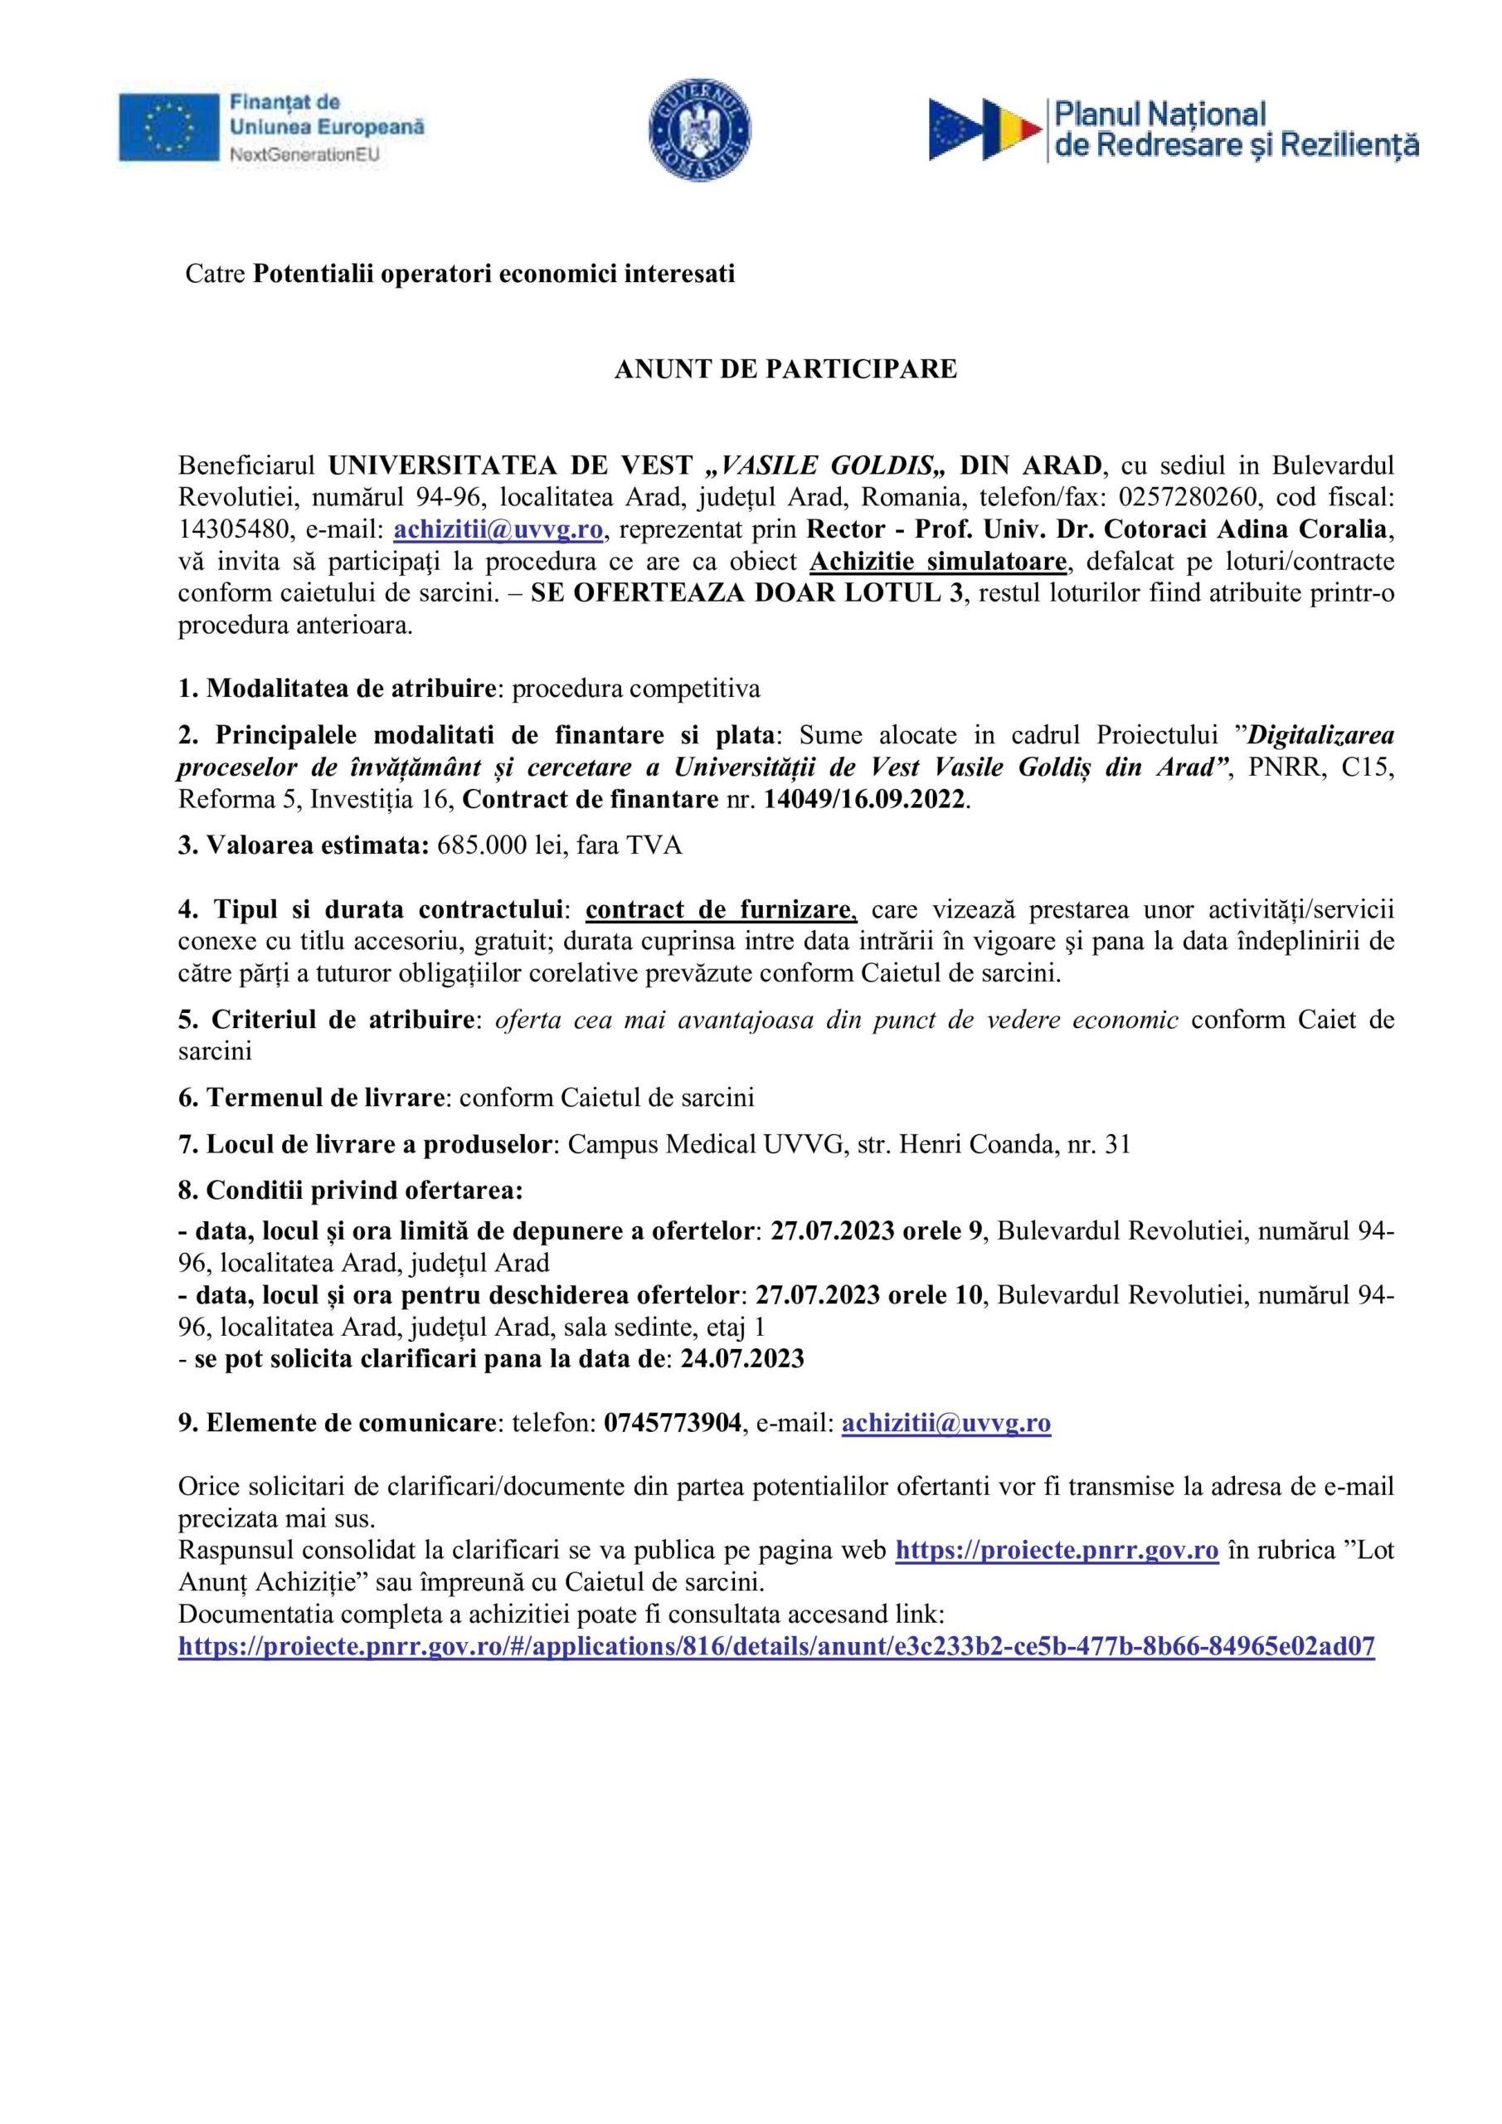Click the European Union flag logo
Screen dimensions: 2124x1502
click(x=168, y=128)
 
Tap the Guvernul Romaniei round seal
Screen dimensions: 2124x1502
click(x=700, y=129)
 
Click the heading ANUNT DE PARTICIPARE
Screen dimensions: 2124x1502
click(x=785, y=369)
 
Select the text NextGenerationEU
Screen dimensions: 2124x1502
click(x=304, y=155)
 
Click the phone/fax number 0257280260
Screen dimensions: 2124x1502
click(x=1187, y=498)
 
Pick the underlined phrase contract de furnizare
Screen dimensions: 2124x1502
click(x=722, y=910)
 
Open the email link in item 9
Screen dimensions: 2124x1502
click(x=945, y=1423)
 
